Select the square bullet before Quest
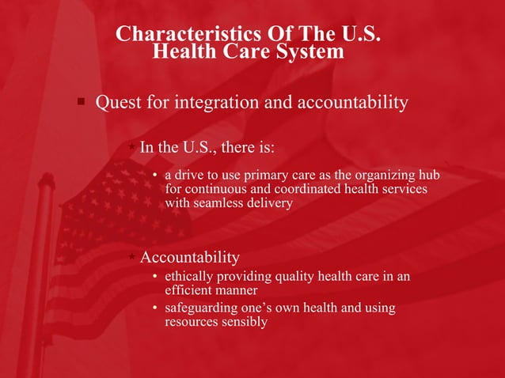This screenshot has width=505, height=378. coord(81,102)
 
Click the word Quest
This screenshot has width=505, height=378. coord(118,104)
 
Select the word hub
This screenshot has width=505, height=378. coord(429,175)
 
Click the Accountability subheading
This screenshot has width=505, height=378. coord(189,258)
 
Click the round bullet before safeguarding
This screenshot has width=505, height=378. coord(155,308)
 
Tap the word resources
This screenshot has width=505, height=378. coord(190,322)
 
